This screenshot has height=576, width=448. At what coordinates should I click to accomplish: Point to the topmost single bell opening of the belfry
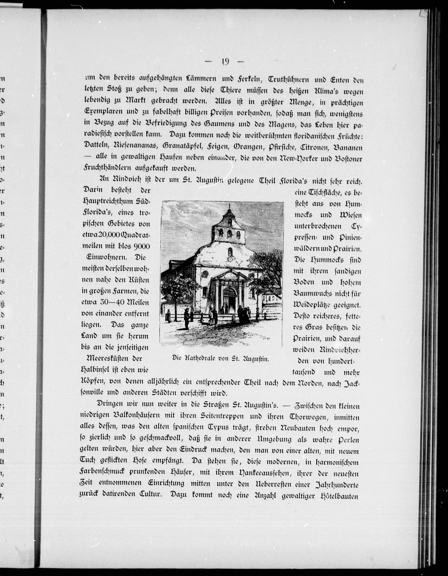pyautogui.click(x=230, y=221)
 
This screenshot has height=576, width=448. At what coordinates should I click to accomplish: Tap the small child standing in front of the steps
pyautogui.click(x=233, y=318)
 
